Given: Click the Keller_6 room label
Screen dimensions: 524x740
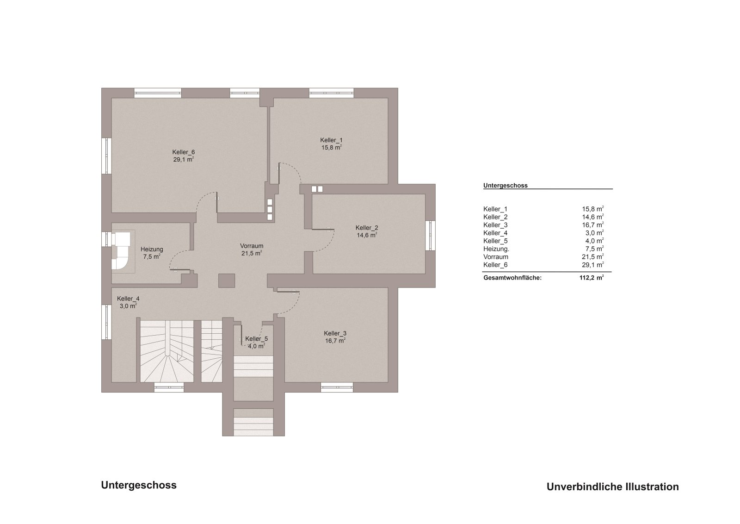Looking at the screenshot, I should pyautogui.click(x=183, y=152).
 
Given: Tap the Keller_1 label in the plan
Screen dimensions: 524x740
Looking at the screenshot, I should pyautogui.click(x=331, y=140).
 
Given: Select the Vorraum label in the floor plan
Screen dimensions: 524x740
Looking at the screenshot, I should pyautogui.click(x=251, y=246).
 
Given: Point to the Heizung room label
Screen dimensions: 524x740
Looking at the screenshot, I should pyautogui.click(x=151, y=249).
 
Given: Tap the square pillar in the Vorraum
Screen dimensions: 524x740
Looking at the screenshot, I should pyautogui.click(x=227, y=281).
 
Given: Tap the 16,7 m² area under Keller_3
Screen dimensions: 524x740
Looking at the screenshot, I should pyautogui.click(x=335, y=341).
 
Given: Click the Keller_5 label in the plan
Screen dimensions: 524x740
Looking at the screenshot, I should pyautogui.click(x=256, y=338).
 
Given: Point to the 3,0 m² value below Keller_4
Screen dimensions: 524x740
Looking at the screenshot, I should pyautogui.click(x=127, y=306).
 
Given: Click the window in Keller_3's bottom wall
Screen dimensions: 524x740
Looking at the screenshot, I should pyautogui.click(x=337, y=388).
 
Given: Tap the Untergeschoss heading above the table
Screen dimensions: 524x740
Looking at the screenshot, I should pyautogui.click(x=505, y=186).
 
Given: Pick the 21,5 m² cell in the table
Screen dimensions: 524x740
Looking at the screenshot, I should pyautogui.click(x=594, y=257).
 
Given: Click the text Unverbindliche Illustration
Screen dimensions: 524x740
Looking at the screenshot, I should pyautogui.click(x=612, y=487).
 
